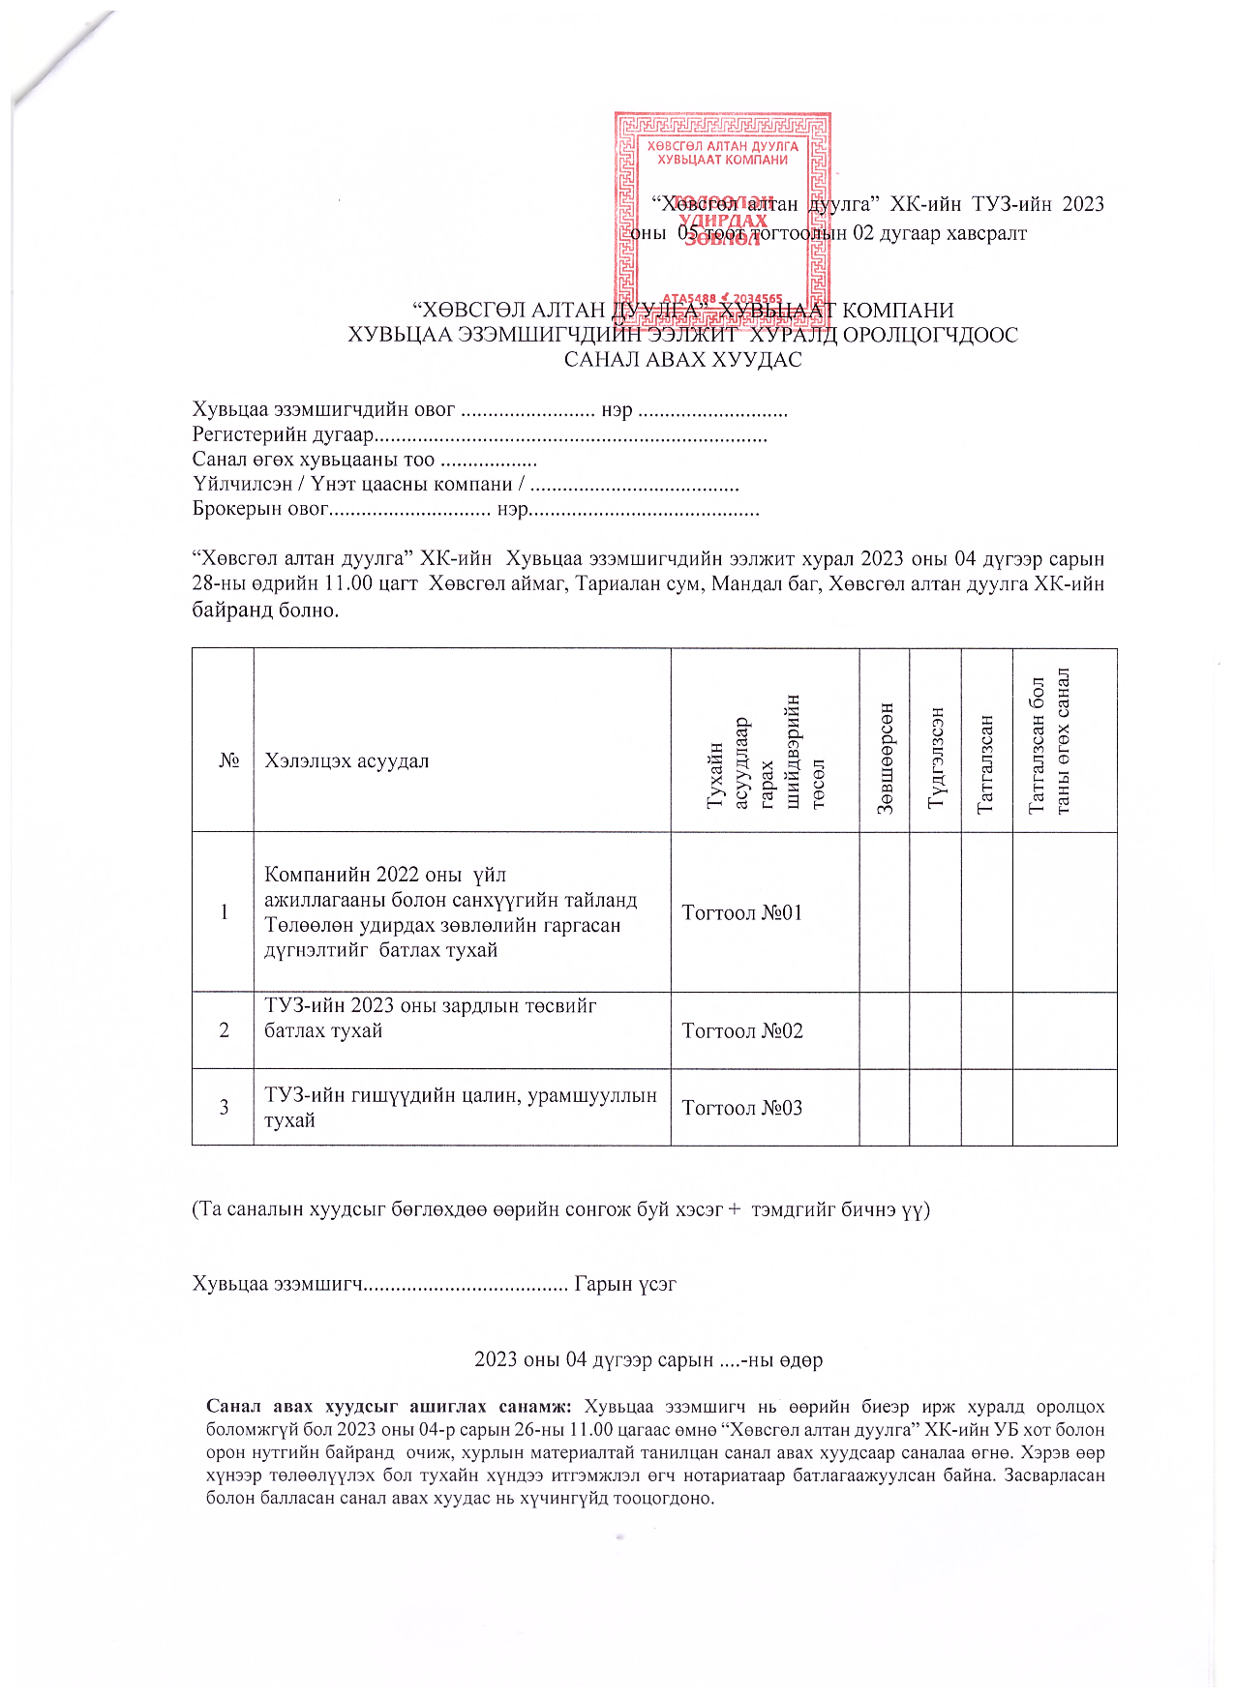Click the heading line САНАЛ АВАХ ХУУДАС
[683, 360]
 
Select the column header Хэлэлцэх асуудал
[346, 760]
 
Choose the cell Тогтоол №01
[742, 912]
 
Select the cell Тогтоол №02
[742, 1030]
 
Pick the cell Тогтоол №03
[742, 1108]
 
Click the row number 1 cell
[224, 912]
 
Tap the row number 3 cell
[224, 1108]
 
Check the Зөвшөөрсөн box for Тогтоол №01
[885, 912]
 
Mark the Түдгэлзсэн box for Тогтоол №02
[935, 1030]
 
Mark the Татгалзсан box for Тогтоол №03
[986, 1108]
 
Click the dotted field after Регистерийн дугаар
[570, 436]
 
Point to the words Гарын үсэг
[625, 1284]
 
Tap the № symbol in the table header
[228, 760]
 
